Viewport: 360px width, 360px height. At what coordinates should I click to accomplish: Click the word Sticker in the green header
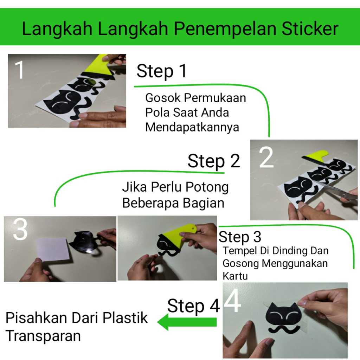(x=310, y=29)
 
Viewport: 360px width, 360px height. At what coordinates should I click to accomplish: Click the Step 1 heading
(x=162, y=71)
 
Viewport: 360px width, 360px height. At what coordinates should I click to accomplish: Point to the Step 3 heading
(x=240, y=237)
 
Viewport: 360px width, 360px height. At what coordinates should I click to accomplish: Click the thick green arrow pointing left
(x=187, y=322)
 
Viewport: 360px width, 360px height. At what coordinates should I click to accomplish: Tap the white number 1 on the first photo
(x=20, y=70)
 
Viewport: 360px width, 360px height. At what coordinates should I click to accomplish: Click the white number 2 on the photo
(x=266, y=158)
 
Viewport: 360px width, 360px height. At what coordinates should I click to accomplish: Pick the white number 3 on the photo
(x=20, y=229)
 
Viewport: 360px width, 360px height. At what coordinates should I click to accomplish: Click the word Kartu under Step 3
(x=235, y=276)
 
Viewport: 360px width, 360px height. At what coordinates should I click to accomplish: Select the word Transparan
(x=43, y=336)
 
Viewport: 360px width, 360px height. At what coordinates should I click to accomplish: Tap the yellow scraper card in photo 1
(x=98, y=65)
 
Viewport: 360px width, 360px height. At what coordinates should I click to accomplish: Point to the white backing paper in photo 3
(x=53, y=250)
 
